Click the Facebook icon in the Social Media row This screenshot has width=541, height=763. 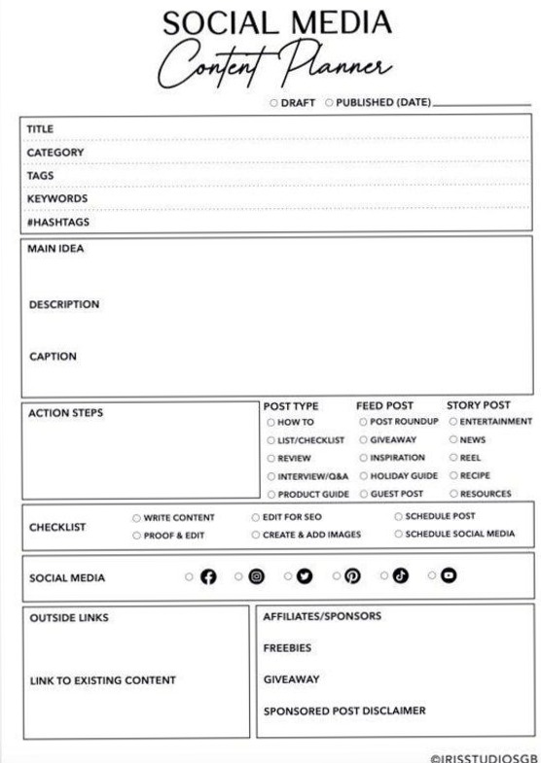click(x=207, y=578)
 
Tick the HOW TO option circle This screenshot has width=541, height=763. click(x=270, y=421)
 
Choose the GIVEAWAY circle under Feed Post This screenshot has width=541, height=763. click(x=363, y=438)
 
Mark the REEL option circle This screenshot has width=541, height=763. click(x=453, y=456)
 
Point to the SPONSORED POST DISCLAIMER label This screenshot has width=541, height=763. click(x=344, y=710)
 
